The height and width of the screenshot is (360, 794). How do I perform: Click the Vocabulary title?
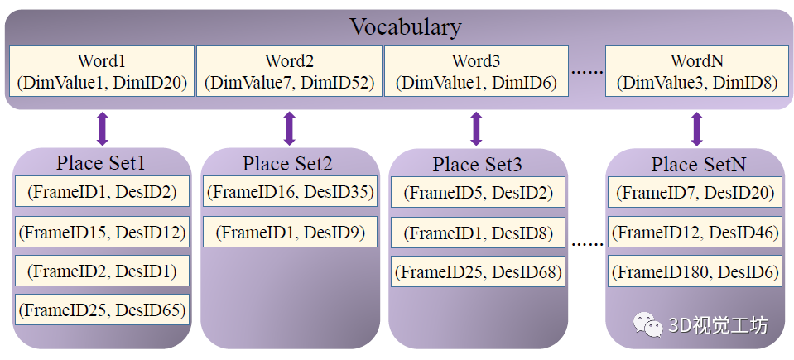point(406,26)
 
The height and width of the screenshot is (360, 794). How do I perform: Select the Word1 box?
point(102,70)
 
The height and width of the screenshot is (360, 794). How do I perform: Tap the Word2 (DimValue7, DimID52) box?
point(289,70)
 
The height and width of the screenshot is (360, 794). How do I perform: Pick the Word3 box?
point(476,70)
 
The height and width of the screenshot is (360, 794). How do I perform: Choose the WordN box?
point(697,70)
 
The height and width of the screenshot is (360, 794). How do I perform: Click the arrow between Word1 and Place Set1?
point(103,128)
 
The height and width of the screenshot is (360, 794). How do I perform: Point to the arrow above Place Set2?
point(289,128)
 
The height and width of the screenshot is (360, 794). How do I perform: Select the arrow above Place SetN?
point(697,128)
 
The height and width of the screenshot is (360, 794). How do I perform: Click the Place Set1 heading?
point(100,163)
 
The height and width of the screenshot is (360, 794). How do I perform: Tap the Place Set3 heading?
point(477,164)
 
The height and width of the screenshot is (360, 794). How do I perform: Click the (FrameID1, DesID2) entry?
point(102,191)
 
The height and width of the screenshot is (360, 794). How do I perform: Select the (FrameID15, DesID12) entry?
point(102,232)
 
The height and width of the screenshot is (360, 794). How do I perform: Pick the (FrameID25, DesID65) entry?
point(102,310)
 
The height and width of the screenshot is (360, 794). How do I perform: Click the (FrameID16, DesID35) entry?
point(290,191)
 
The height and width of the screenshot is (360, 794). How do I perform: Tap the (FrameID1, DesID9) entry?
point(290,232)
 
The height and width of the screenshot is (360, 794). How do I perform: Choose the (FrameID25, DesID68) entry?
point(478,271)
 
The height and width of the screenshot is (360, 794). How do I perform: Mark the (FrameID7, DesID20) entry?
point(695,192)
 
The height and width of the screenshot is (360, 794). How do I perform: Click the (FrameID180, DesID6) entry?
point(695,271)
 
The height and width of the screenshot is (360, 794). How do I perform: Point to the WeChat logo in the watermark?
point(647,324)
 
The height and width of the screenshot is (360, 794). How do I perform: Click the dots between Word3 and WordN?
point(587,72)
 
